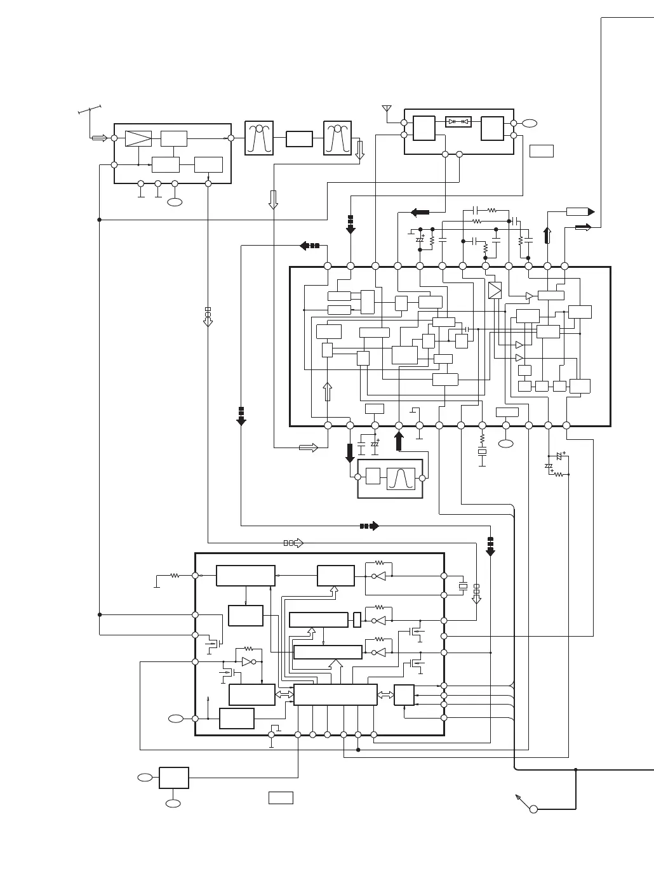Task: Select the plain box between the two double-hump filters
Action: pyautogui.click(x=299, y=138)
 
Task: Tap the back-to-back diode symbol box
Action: pyautogui.click(x=458, y=121)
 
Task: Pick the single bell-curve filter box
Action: pyautogui.click(x=401, y=479)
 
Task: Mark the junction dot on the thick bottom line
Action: pyautogui.click(x=576, y=770)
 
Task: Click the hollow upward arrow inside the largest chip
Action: pyautogui.click(x=328, y=391)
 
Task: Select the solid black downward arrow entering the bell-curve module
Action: pyautogui.click(x=350, y=453)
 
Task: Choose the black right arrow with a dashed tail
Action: pyautogui.click(x=370, y=526)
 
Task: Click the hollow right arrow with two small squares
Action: pyautogui.click(x=293, y=543)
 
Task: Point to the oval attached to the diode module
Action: pyautogui.click(x=530, y=124)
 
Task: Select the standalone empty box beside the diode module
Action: pyautogui.click(x=541, y=150)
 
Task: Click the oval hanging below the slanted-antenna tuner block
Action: pyautogui.click(x=175, y=202)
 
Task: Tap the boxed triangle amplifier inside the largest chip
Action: pyautogui.click(x=495, y=290)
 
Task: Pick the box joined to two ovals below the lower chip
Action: pyautogui.click(x=173, y=778)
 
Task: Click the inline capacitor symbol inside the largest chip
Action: pyautogui.click(x=466, y=329)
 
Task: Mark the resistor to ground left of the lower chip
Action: pyautogui.click(x=175, y=576)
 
